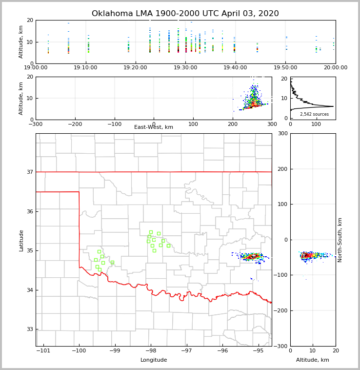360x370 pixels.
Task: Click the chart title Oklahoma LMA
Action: (x=185, y=14)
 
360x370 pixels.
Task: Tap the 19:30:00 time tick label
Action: (x=185, y=68)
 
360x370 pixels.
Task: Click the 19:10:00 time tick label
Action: (x=86, y=68)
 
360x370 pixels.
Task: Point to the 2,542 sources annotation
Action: (x=314, y=114)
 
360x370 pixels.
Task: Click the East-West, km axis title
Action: (x=154, y=127)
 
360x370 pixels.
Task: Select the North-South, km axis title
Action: (x=340, y=240)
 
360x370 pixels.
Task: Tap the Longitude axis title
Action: (x=154, y=360)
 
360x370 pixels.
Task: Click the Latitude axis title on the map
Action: (x=21, y=240)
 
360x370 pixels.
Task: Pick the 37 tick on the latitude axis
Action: (x=30, y=172)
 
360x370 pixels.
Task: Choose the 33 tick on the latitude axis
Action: (x=30, y=329)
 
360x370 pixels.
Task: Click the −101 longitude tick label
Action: (x=43, y=351)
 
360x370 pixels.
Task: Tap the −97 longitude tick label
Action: (x=187, y=351)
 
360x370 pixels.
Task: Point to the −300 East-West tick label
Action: (x=36, y=124)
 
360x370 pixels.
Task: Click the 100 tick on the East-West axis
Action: (x=193, y=124)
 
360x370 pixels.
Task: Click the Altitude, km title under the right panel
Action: (x=313, y=360)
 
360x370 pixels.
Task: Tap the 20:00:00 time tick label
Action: (x=336, y=68)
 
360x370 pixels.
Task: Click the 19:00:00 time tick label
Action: (x=36, y=68)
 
